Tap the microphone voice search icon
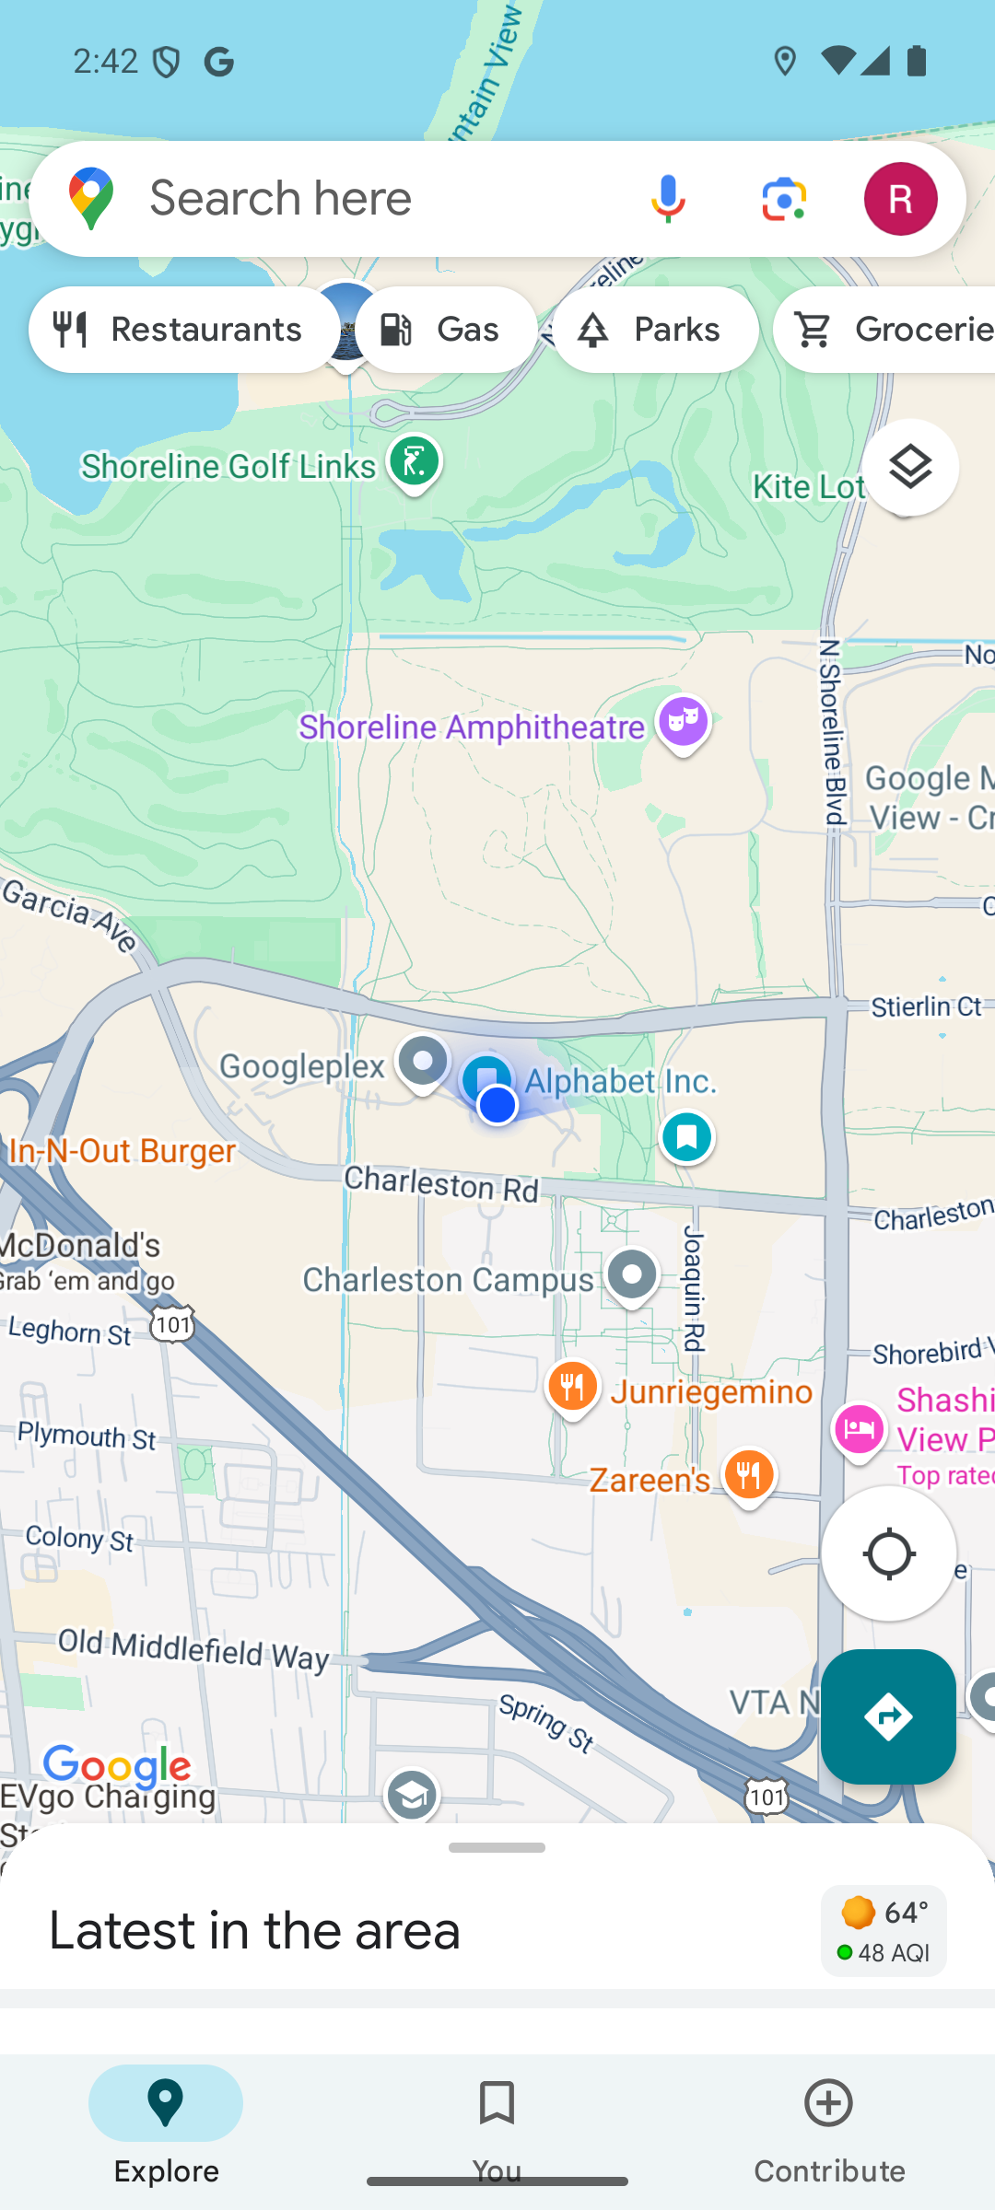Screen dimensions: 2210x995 pyautogui.click(x=668, y=199)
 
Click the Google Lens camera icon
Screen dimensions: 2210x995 pyautogui.click(x=784, y=199)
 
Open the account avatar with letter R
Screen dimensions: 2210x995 pyautogui.click(x=900, y=199)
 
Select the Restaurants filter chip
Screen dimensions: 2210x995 pyautogui.click(x=182, y=330)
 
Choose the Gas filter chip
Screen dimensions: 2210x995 pyautogui.click(x=446, y=330)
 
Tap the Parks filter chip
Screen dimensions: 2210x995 pyautogui.click(x=655, y=330)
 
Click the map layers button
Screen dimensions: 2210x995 pyautogui.click(x=909, y=468)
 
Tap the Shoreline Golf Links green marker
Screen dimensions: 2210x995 pyautogui.click(x=414, y=462)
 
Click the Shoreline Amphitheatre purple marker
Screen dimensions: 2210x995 pyautogui.click(x=683, y=723)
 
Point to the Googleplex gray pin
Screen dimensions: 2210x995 pyautogui.click(x=423, y=1063)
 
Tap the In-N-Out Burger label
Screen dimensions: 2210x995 pyautogui.click(x=122, y=1151)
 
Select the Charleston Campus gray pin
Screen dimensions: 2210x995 pyautogui.click(x=632, y=1276)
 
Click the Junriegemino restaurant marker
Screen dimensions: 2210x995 pyautogui.click(x=572, y=1387)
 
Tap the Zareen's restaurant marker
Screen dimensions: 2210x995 pyautogui.click(x=748, y=1476)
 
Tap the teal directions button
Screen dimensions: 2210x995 pyautogui.click(x=888, y=1716)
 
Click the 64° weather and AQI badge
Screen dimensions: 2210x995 pyautogui.click(x=883, y=1930)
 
